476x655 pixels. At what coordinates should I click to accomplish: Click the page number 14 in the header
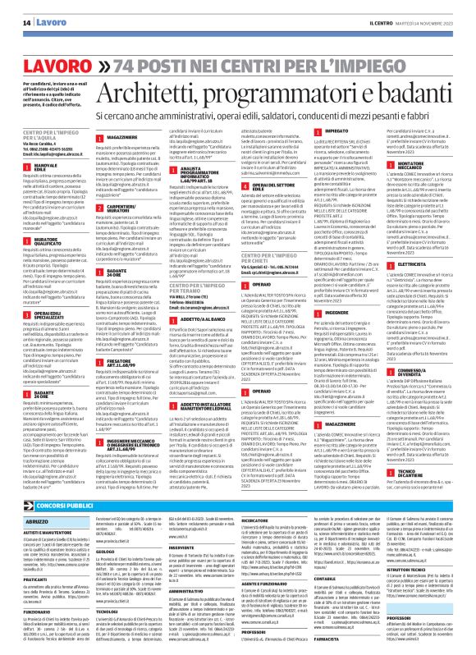(14, 10)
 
